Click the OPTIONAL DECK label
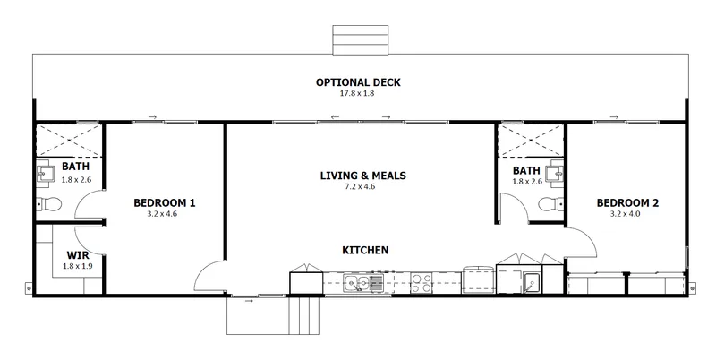pos(358,82)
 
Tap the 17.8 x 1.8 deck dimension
pos(358,93)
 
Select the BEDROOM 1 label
pos(165,203)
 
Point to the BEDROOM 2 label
pos(627,203)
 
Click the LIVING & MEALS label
pos(363,176)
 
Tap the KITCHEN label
pos(365,250)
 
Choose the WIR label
pos(78,255)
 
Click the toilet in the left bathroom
pos(49,204)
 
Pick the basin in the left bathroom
pos(46,173)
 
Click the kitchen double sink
pos(363,283)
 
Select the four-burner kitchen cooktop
pos(421,283)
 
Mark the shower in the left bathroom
pos(69,141)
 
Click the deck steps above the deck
pos(361,39)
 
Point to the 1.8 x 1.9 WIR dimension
pos(77,266)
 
